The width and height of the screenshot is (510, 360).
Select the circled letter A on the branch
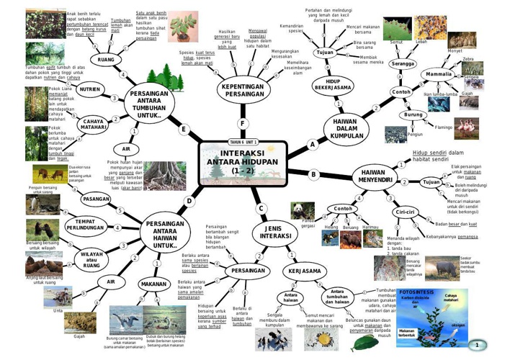[313, 143]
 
